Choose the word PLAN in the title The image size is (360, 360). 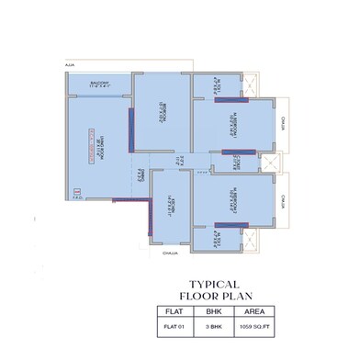click(235, 298)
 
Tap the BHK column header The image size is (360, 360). click(232, 311)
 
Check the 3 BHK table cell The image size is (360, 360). click(232, 326)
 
